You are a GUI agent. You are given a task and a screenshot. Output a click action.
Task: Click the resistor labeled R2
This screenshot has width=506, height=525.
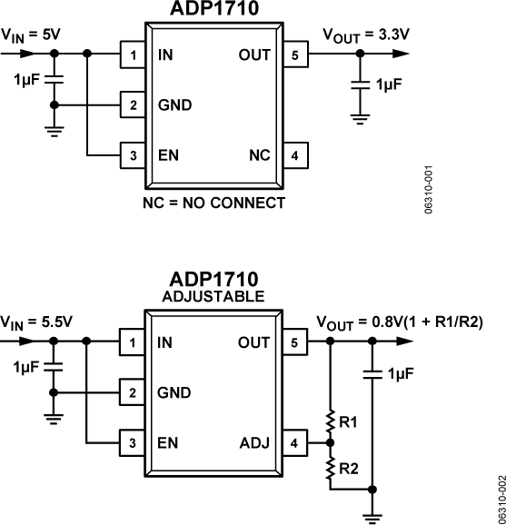pos(332,468)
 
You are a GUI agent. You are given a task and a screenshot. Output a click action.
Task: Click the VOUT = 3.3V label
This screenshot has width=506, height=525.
pos(366,35)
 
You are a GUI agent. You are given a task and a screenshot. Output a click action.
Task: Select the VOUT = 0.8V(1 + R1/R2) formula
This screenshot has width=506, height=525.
pos(398,322)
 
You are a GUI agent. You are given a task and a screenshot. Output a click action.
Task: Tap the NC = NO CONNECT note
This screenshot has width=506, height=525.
pos(213,202)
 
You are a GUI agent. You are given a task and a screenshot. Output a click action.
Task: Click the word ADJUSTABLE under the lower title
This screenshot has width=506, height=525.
pos(213,296)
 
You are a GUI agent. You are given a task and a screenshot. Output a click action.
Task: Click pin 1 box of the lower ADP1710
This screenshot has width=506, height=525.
pos(134,342)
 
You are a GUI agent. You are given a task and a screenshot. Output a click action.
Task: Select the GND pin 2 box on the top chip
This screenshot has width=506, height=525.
pos(134,104)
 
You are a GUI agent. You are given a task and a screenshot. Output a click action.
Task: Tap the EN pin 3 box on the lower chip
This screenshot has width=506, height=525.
pos(134,443)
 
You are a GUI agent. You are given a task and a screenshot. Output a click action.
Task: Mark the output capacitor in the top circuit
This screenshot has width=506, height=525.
pos(360,84)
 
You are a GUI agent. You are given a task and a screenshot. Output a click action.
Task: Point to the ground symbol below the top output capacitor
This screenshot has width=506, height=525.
pos(360,115)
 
